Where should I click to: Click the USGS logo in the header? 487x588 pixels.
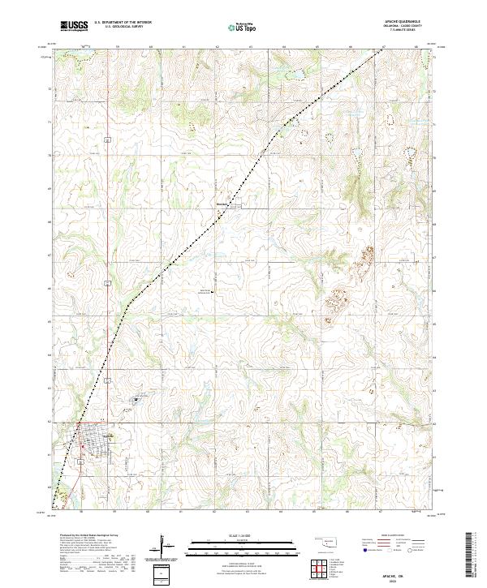pyautogui.click(x=74, y=26)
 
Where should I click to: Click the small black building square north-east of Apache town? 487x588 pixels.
pyautogui.click(x=136, y=398)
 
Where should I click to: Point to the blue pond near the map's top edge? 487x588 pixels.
pyautogui.click(x=293, y=79)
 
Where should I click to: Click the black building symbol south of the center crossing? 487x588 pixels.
pyautogui.click(x=213, y=292)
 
